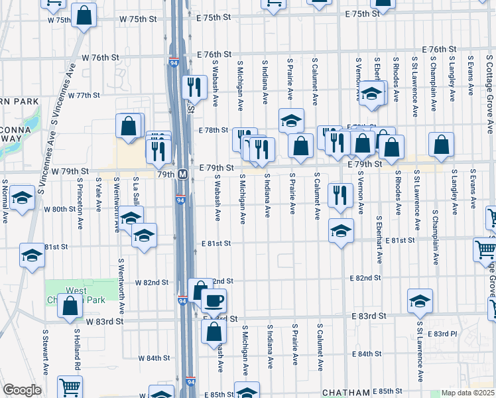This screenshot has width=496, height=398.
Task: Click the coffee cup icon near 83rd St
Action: [x=214, y=300]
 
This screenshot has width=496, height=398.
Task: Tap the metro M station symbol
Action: [x=183, y=174]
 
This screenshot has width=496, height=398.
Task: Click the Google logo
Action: [x=21, y=390]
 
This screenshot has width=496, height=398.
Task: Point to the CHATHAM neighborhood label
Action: [x=345, y=393]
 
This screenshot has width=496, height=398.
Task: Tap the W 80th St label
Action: [x=60, y=209]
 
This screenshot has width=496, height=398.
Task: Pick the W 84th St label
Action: [x=154, y=358]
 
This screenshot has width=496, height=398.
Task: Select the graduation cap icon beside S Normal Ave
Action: [x=22, y=198]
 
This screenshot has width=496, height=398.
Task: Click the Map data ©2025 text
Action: [x=467, y=393]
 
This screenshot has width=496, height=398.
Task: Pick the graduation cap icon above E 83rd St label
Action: [x=420, y=301]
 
